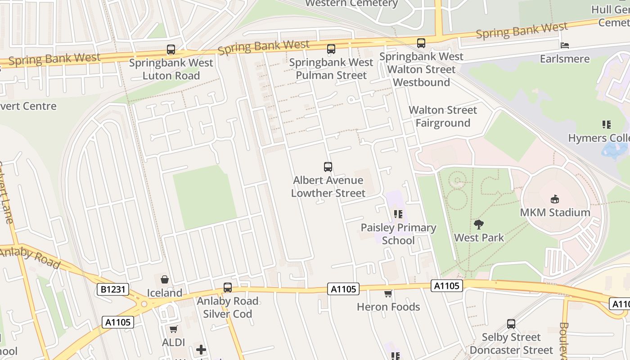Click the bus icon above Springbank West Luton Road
171,49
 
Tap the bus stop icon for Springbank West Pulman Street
331,49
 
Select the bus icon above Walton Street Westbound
421,43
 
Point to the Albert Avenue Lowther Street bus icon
328,167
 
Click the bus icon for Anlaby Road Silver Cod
228,288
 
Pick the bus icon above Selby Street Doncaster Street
511,324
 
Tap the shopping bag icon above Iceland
165,279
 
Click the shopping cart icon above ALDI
174,329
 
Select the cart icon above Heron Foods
388,294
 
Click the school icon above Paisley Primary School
398,214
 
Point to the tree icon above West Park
479,224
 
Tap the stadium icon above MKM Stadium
555,199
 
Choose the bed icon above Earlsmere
565,45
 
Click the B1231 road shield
113,289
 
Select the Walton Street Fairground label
443,117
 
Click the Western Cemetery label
351,4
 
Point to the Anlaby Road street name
30,258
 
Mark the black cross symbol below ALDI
201,349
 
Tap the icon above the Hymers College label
606,125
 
